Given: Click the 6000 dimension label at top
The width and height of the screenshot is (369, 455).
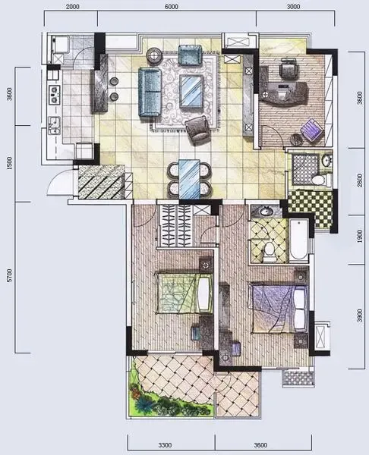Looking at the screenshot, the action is (172, 7).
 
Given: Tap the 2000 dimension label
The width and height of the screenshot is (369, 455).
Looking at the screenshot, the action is (72, 7).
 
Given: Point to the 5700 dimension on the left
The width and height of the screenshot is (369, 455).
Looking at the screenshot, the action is (10, 276).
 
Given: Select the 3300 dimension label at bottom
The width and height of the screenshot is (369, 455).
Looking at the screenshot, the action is (165, 445).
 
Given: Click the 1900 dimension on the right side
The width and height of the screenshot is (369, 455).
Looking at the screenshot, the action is (360, 236).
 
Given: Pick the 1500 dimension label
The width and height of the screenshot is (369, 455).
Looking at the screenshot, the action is (10, 163).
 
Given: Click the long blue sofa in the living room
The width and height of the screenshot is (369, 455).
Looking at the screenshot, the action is (150, 92).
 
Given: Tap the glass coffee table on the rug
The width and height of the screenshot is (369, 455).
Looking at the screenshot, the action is (191, 91).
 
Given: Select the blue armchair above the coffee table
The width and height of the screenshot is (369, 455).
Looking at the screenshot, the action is (190, 55).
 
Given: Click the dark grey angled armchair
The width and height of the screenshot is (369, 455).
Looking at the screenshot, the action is (198, 130).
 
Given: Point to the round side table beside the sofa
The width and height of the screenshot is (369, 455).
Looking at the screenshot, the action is (154, 55).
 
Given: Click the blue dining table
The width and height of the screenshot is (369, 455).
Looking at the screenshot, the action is (189, 179).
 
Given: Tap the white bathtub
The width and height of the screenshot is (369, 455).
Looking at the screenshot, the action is (298, 240).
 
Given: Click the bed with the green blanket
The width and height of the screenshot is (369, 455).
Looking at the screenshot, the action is (184, 293).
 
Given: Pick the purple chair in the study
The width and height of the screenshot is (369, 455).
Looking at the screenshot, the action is (312, 130).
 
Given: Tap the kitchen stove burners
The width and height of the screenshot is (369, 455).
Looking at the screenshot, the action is (54, 94).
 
